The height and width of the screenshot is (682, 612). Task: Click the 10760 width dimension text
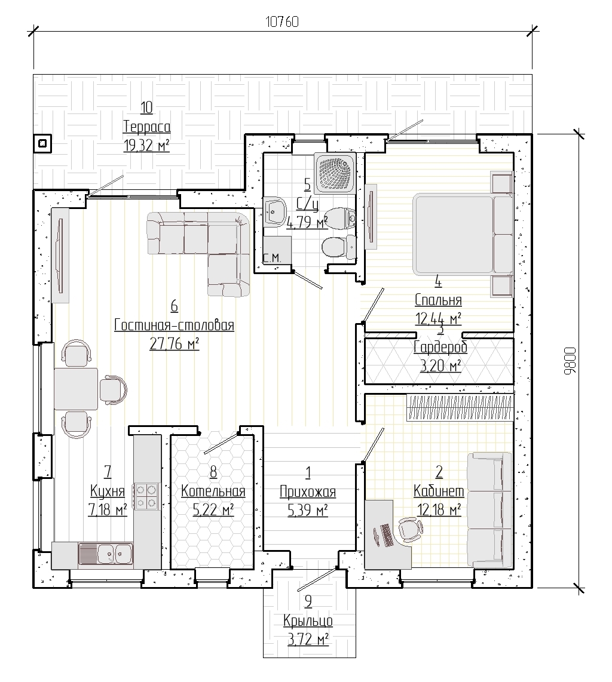(282, 21)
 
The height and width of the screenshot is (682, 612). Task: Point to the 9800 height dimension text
(570, 361)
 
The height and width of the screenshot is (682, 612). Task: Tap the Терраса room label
(146, 127)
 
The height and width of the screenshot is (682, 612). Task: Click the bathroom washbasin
(274, 211)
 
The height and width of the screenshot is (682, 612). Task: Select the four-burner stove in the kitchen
(146, 496)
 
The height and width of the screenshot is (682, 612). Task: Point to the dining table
(76, 388)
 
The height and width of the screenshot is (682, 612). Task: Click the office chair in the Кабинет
(411, 529)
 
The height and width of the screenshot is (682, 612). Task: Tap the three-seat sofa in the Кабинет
(489, 510)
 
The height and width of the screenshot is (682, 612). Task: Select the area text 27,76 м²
(174, 344)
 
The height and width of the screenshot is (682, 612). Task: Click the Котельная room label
(213, 491)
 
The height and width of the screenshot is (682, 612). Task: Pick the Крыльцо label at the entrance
(308, 620)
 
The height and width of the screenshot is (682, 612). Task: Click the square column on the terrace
(42, 143)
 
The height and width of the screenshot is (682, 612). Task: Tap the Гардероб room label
(440, 348)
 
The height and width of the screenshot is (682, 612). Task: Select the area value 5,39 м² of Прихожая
(308, 509)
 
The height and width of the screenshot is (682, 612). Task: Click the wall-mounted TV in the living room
(60, 256)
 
